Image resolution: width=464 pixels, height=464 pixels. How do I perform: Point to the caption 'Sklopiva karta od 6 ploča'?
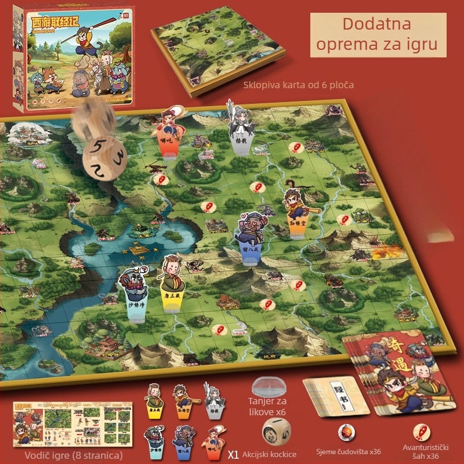point(299,85)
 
